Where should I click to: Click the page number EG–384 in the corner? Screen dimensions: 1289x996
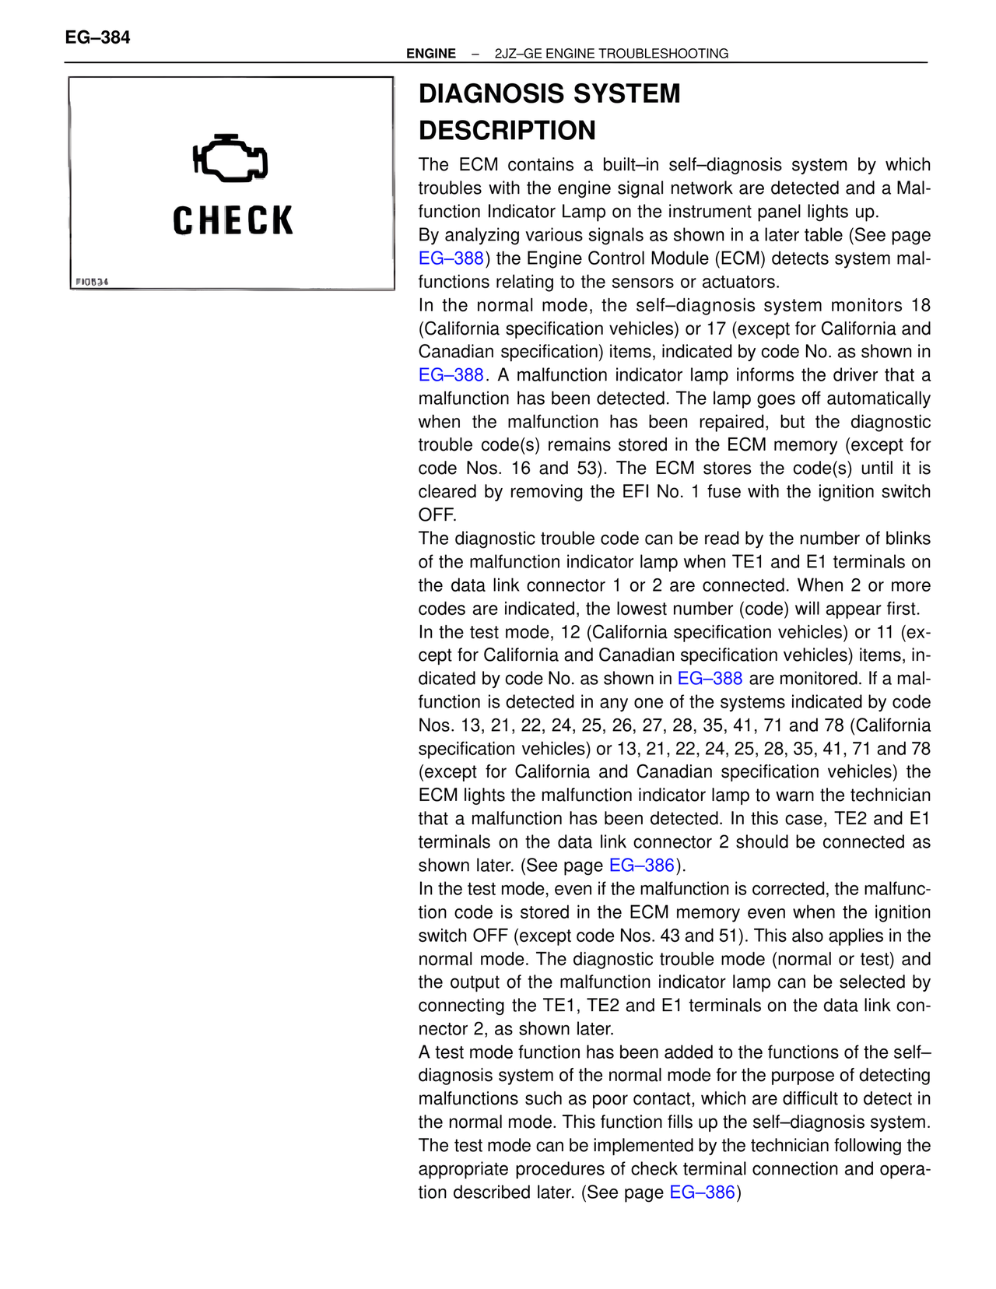pos(97,37)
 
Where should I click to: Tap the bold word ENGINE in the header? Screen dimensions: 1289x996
pos(431,54)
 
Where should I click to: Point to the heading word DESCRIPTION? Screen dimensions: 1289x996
pos(507,131)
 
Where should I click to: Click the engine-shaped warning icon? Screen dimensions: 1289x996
pos(230,158)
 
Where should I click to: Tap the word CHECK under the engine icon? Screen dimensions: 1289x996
pos(233,221)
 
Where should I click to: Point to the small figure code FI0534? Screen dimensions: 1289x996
pos(92,282)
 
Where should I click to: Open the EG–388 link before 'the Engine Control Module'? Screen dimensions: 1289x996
pos(451,258)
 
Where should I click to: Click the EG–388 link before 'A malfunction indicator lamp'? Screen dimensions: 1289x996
pos(451,375)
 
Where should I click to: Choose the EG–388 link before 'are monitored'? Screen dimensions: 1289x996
pos(710,679)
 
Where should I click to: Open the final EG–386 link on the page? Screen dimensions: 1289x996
pos(702,1192)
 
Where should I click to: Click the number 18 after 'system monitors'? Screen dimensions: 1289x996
pos(921,305)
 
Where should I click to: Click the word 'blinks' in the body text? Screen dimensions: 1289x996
pos(905,539)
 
